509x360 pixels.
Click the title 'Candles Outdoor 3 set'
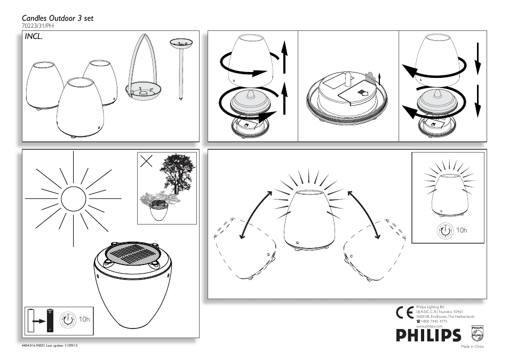point(58,18)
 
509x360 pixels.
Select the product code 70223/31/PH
point(38,26)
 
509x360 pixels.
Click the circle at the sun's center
point(73,199)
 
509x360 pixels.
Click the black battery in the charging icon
point(50,321)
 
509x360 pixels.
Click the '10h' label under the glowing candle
point(462,230)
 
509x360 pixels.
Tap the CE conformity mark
point(404,313)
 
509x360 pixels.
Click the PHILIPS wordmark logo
point(428,335)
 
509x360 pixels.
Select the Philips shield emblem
point(477,334)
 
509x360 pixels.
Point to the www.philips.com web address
point(430,326)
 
